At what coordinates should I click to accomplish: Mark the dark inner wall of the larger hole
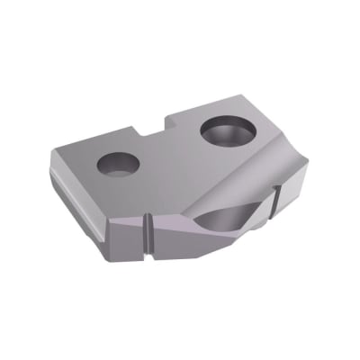click(225, 125)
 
